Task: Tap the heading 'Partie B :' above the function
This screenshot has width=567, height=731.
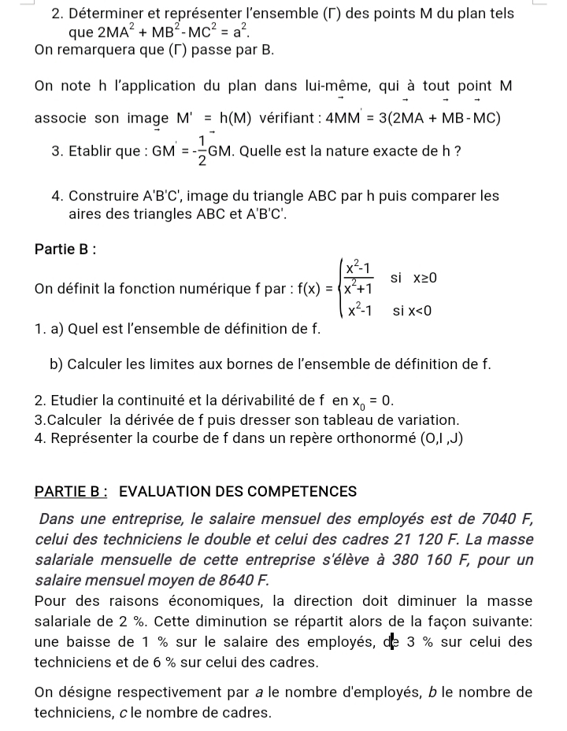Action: (65, 249)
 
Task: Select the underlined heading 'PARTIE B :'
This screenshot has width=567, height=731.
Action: (72, 492)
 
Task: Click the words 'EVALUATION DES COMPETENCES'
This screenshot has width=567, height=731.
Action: (238, 492)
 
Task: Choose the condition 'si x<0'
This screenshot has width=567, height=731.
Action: (413, 311)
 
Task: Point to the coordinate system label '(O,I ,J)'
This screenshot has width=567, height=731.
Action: (442, 438)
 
